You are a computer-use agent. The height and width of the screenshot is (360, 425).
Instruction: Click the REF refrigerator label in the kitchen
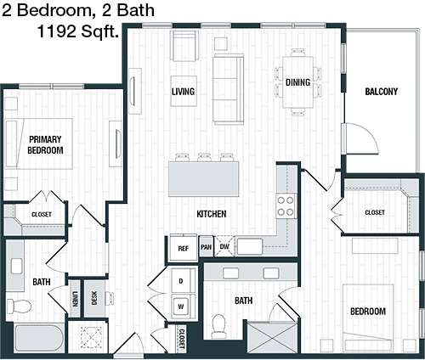[183, 249]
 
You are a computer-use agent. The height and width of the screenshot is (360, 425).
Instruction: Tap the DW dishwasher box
[224, 246]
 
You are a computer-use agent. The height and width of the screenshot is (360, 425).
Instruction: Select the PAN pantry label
[206, 247]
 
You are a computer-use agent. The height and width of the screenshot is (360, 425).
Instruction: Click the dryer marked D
[184, 281]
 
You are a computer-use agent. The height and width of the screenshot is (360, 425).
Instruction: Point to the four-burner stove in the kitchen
[286, 206]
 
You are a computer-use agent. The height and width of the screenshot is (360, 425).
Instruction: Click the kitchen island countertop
[204, 179]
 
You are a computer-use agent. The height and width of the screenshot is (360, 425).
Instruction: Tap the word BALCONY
[381, 92]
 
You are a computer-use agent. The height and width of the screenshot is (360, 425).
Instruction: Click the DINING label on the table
[297, 82]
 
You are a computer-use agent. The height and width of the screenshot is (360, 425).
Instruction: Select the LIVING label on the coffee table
[183, 92]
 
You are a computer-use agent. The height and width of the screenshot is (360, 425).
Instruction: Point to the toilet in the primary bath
[19, 306]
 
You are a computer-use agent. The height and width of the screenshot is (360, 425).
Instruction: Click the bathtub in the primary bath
[39, 338]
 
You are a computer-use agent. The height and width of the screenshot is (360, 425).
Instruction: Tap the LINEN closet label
[75, 299]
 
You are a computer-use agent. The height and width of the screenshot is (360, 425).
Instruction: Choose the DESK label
[94, 298]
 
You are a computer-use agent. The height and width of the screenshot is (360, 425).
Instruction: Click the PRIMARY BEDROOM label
[45, 144]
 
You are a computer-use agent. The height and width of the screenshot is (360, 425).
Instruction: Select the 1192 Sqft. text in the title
[77, 31]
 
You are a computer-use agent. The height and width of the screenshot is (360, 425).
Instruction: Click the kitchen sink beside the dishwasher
[250, 246]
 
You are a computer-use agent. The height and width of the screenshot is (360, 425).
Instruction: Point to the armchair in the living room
[184, 46]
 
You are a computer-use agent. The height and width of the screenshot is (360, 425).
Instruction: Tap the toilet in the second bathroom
[218, 326]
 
